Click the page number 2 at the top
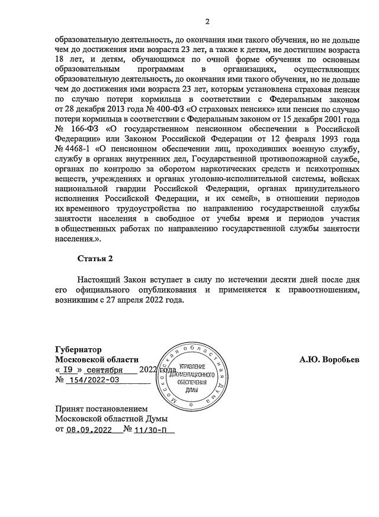coord(207,23)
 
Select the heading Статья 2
coord(94,259)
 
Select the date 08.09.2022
coord(89,431)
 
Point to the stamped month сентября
coord(104,370)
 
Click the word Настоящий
coord(99,279)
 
